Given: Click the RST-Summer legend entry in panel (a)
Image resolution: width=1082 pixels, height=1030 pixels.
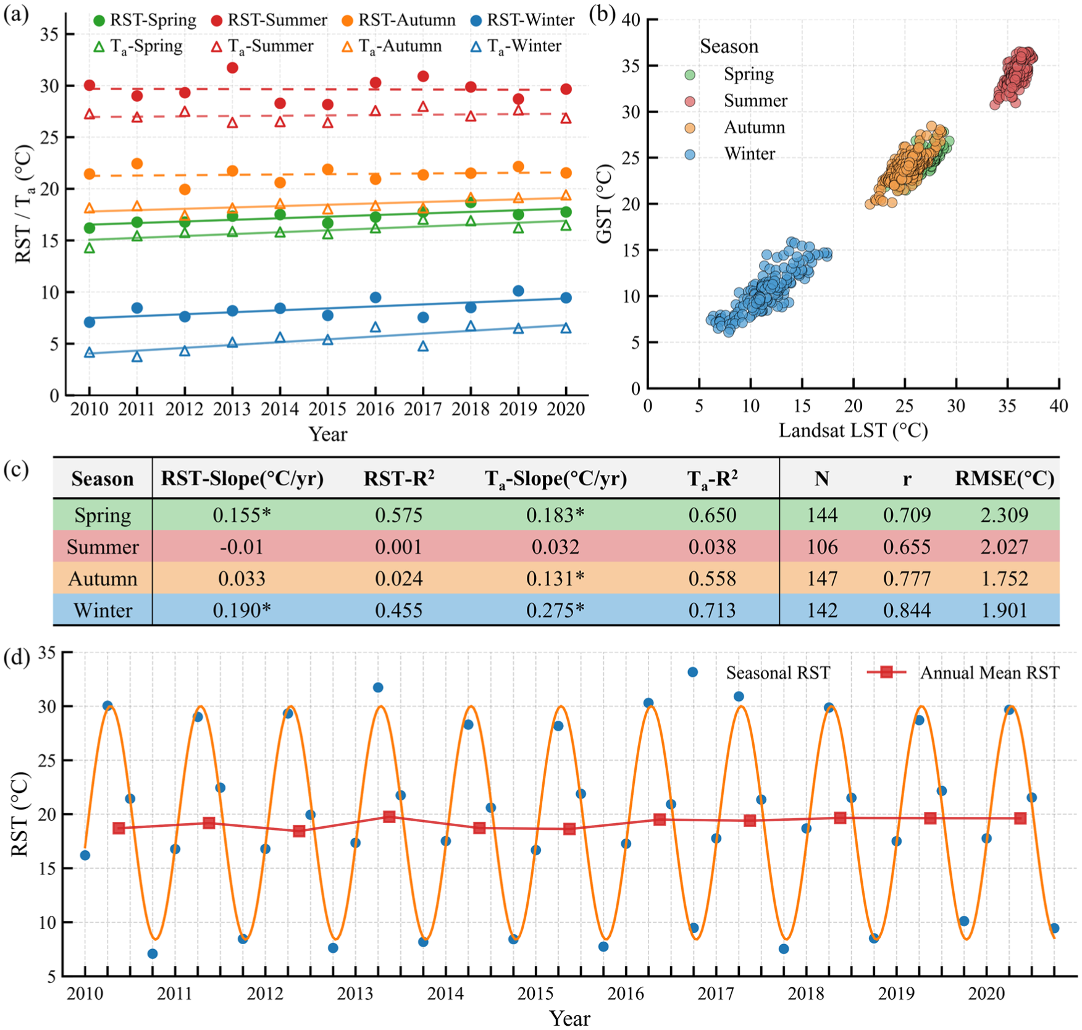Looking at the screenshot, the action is [269, 20].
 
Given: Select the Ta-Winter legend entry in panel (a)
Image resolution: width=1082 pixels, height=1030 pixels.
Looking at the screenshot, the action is [516, 46].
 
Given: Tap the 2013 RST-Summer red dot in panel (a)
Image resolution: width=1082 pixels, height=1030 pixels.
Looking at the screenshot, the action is [232, 67].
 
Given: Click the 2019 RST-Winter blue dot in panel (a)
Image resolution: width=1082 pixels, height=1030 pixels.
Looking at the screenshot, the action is [518, 291].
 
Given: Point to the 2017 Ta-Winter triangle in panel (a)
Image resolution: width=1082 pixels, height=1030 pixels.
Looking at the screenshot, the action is [423, 346].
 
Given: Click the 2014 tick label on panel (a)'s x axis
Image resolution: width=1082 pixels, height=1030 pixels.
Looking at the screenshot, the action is [280, 408].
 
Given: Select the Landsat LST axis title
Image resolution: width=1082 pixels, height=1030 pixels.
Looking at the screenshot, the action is [853, 430].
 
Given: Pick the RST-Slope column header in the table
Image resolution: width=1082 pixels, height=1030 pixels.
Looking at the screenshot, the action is [242, 479].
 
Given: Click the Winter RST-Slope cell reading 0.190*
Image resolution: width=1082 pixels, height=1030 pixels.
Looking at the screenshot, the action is [241, 610].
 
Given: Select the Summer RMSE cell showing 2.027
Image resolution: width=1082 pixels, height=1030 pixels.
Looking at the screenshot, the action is [1004, 547].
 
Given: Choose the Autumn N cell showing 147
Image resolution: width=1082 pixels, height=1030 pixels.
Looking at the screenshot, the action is [822, 579].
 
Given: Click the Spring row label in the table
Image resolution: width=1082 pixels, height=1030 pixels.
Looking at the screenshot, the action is [103, 516].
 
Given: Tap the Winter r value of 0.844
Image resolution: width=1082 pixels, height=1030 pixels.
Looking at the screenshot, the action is [907, 610].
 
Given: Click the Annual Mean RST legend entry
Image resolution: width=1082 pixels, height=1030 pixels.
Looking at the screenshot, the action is [963, 672].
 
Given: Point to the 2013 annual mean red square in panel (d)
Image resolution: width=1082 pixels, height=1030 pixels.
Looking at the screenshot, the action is [389, 816].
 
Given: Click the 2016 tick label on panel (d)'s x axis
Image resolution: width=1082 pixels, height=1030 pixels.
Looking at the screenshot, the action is [626, 993].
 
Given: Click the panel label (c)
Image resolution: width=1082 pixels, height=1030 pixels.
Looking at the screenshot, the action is [16, 471].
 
